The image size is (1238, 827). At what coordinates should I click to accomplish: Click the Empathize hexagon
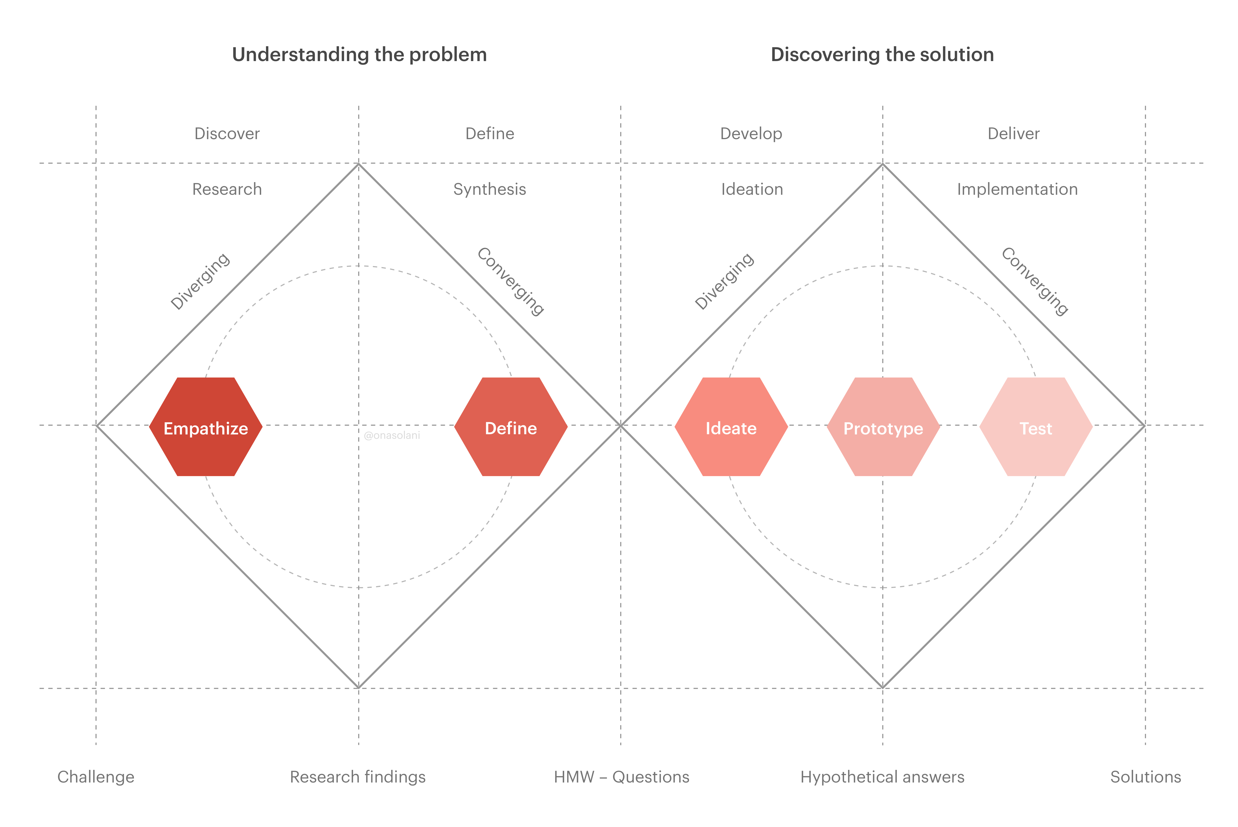click(206, 427)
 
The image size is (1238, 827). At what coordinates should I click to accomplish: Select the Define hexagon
click(511, 427)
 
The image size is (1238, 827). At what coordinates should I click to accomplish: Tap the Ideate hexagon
click(731, 427)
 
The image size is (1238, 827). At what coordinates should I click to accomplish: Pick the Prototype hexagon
click(883, 427)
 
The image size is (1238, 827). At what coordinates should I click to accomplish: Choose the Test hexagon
click(1036, 427)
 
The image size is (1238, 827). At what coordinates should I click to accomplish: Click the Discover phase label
click(227, 133)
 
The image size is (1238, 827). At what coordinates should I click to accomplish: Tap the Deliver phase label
click(1013, 133)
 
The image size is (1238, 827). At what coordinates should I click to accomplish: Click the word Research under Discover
click(227, 189)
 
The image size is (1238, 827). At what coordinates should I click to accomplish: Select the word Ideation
click(752, 189)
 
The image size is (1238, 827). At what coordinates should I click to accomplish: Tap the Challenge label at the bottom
click(96, 777)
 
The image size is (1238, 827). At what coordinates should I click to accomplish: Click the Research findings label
click(358, 777)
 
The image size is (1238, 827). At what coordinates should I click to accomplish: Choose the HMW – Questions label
click(621, 777)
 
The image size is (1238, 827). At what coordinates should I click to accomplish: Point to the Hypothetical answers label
click(882, 777)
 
